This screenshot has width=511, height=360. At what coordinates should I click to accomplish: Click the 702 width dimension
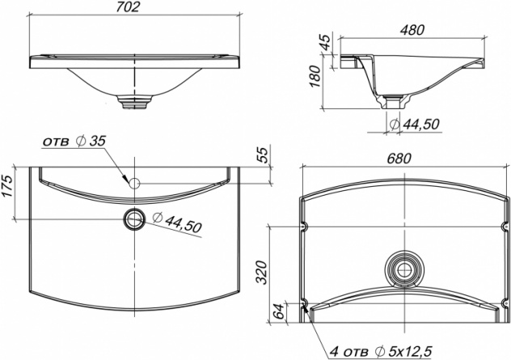pos(128,6)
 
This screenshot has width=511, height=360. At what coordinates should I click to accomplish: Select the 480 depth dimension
pos(412,30)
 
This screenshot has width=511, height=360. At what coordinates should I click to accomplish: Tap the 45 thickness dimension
pos(326,42)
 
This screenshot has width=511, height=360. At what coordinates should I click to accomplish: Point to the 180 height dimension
pos(315,76)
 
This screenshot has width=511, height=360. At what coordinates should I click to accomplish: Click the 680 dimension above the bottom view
pos(399,159)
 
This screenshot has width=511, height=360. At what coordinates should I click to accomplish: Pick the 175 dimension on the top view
pos(7,186)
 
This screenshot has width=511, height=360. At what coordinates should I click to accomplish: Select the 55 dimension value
pos(263,155)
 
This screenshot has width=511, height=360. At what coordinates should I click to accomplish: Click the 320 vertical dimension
pos(261,273)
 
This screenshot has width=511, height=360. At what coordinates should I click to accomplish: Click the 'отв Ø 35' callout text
pos(74,142)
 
